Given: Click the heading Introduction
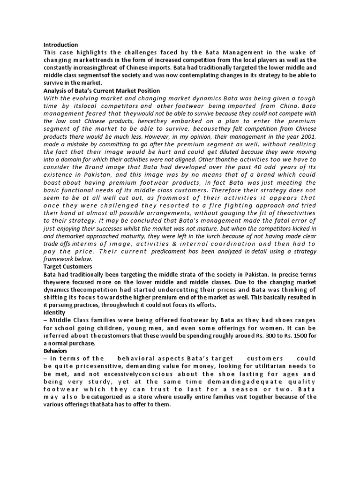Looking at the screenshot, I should click(x=60, y=45).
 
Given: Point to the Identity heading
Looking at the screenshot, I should click(x=54, y=312).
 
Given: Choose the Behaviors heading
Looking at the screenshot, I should click(x=56, y=351).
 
